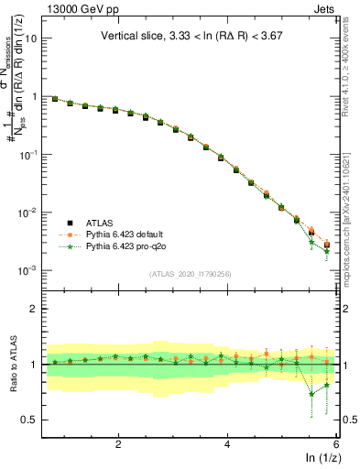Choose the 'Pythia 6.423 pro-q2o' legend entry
[x=119, y=247]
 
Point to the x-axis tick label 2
[x=118, y=443]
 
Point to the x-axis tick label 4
[x=227, y=443]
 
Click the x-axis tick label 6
[x=336, y=443]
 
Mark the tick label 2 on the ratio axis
[x=34, y=309]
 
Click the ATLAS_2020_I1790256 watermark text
[x=191, y=274]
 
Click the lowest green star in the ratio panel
[x=311, y=394]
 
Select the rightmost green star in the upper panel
[x=326, y=251]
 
